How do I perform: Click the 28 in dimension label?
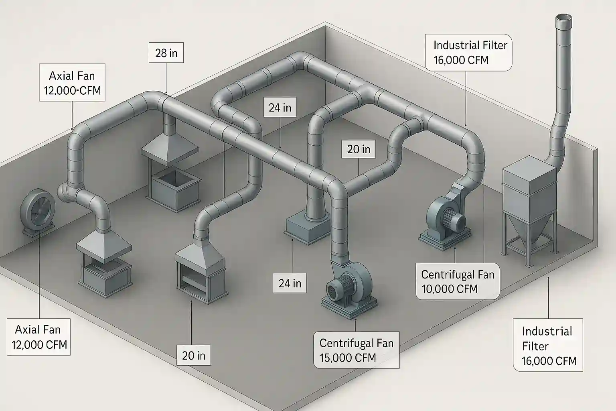coord(166,53)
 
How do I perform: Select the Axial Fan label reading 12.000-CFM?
coord(72,83)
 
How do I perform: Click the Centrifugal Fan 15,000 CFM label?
coord(356,350)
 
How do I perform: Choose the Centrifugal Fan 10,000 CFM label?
coord(458,281)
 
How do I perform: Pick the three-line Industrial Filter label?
coord(548,346)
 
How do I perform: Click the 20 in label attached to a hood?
coord(194,355)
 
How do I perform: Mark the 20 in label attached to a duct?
coord(359,149)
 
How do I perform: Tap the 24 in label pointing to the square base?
coord(290,283)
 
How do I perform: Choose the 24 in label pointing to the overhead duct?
coord(280,108)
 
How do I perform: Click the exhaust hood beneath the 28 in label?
coord(170,150)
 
